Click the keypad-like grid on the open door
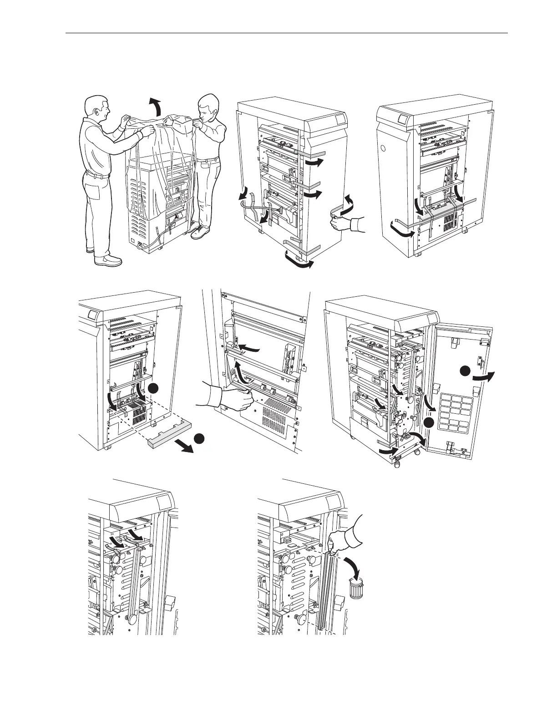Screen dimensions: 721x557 pos(454,413)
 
